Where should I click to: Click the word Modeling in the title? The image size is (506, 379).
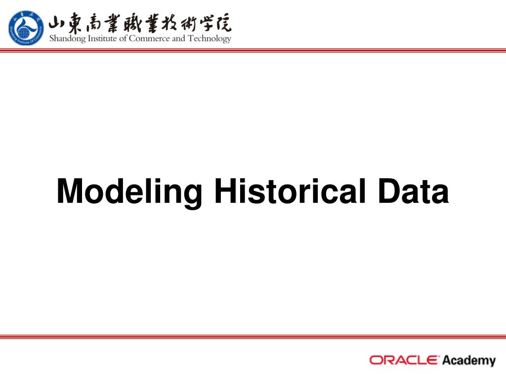129,192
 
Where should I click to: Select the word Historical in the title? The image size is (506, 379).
290,191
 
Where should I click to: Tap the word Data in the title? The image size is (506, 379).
414,191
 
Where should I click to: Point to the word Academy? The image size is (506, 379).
469,361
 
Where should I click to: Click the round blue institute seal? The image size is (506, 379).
26,28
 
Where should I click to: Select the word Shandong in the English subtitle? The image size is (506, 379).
67,38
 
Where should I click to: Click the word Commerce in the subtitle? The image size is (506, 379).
149,38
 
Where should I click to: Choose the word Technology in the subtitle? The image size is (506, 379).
210,38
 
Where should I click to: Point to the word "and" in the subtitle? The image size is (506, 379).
178,38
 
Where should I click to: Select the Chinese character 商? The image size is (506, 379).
94,23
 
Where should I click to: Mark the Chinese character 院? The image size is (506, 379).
223,23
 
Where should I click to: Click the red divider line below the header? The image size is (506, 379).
253,50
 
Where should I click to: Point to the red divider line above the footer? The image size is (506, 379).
253,337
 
